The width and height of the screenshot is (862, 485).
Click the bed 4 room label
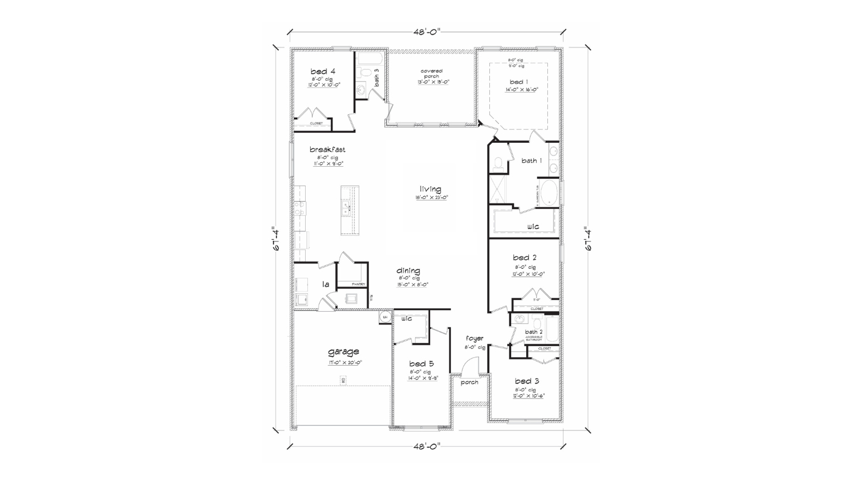[x=322, y=71]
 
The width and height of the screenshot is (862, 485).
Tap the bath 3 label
[x=377, y=78]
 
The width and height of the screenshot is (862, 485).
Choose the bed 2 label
[x=524, y=258]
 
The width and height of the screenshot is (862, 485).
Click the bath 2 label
[x=533, y=332]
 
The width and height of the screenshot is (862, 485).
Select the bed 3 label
[x=527, y=381]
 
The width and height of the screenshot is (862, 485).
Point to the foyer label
[x=474, y=338]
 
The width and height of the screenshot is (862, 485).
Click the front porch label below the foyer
[x=469, y=382]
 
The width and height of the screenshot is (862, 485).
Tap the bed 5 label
[x=421, y=364]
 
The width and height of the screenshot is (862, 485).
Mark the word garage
[x=343, y=352]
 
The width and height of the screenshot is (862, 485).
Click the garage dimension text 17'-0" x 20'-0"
[x=345, y=362]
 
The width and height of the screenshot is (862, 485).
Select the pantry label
[x=358, y=284]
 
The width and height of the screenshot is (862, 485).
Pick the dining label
[x=408, y=271]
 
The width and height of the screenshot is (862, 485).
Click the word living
[x=430, y=189]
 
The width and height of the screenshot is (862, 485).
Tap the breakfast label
[x=328, y=149]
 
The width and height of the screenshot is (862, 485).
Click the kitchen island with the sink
[x=350, y=210]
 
